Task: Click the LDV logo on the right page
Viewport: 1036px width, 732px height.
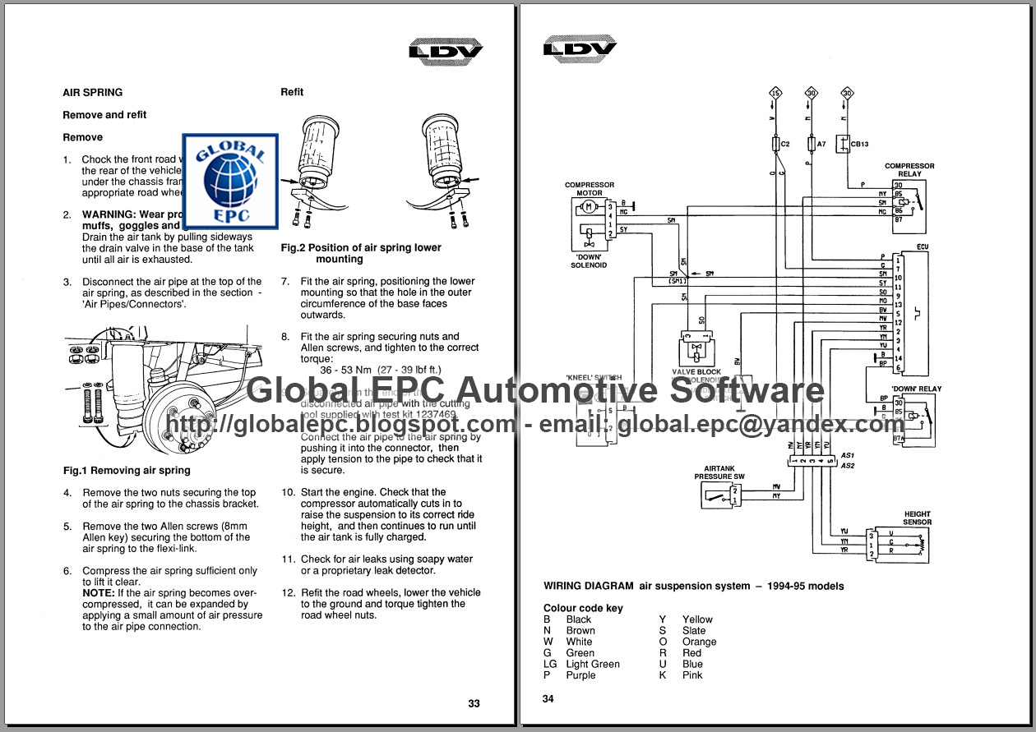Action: (580, 48)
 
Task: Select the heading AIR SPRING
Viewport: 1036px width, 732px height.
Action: (92, 93)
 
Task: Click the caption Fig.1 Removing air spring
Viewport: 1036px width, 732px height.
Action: (127, 471)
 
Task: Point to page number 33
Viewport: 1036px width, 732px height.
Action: (474, 703)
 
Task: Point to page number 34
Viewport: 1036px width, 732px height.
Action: (548, 699)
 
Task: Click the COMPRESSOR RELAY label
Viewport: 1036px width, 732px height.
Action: (909, 170)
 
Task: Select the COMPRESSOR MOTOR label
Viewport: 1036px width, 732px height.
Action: (589, 189)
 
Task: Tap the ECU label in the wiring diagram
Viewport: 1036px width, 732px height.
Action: (922, 246)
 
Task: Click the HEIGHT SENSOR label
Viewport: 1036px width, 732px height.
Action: (917, 518)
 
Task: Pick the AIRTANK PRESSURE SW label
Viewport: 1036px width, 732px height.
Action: (719, 472)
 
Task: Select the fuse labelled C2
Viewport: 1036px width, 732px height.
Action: (777, 144)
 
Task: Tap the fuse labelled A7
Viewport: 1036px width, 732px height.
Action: (812, 144)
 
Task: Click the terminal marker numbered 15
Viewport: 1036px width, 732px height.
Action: (775, 93)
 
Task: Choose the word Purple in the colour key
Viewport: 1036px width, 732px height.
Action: (580, 675)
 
